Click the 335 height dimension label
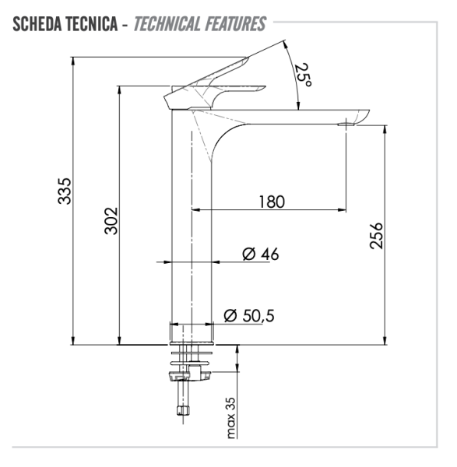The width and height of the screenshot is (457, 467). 66,191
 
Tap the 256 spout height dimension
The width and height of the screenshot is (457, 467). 376,236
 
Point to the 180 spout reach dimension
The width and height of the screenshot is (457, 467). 271,202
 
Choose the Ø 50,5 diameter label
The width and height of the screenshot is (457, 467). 249,315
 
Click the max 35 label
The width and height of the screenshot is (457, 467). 231,418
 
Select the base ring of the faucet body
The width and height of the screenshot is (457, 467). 191,333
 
